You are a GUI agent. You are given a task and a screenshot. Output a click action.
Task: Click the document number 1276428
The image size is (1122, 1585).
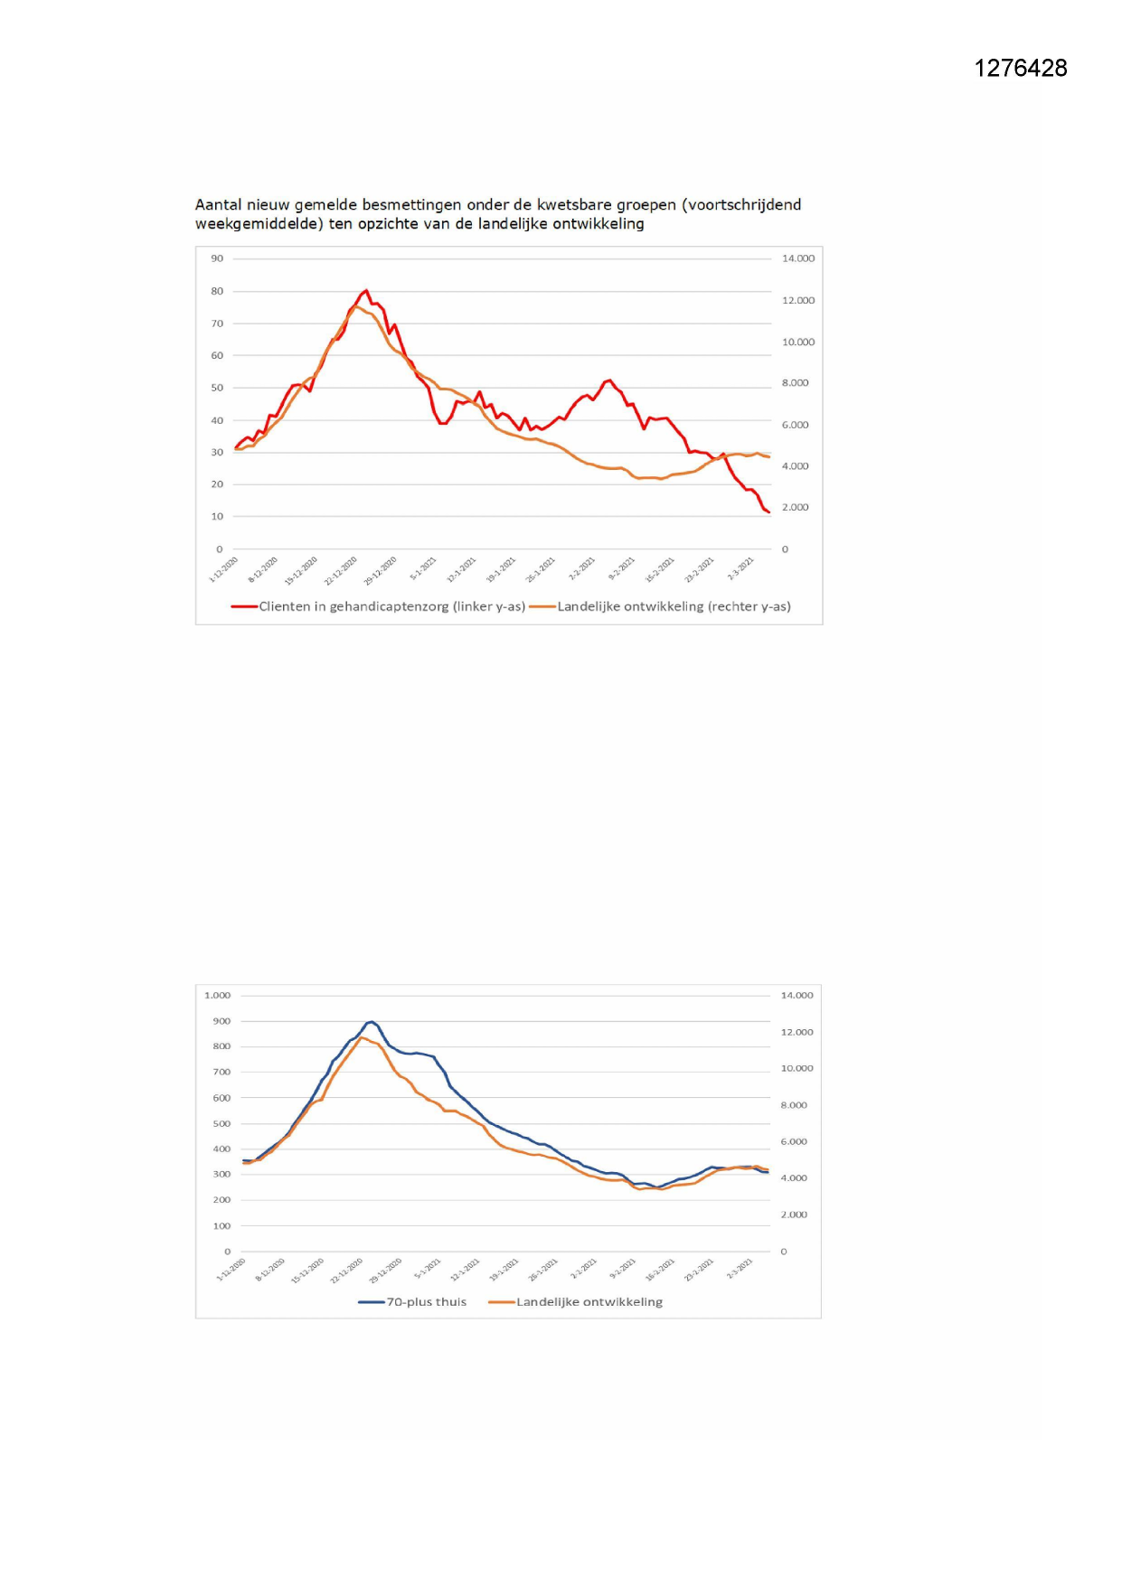(x=1020, y=69)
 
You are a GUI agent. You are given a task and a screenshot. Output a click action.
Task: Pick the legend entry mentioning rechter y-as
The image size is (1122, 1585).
(x=674, y=606)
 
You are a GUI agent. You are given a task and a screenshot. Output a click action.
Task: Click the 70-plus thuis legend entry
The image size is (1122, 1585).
(x=426, y=1302)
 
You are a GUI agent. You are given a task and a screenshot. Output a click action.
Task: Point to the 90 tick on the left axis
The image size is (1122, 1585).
(x=217, y=258)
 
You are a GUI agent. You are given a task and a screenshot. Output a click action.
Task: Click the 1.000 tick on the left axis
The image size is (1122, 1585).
(x=217, y=996)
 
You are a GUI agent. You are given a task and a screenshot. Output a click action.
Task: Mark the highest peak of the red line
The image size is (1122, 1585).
(x=365, y=291)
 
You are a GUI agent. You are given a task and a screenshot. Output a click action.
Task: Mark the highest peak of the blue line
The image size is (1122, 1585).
(x=371, y=1022)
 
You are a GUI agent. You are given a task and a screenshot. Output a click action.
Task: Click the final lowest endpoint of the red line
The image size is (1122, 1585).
(x=768, y=512)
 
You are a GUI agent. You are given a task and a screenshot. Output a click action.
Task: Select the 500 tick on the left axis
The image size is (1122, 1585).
(x=222, y=1124)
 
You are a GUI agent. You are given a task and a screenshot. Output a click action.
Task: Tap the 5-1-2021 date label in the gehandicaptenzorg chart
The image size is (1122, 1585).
(x=423, y=568)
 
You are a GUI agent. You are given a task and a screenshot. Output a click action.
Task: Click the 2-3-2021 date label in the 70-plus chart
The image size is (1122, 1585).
(x=740, y=1269)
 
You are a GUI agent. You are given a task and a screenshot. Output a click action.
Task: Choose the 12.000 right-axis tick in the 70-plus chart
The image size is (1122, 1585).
(x=797, y=1032)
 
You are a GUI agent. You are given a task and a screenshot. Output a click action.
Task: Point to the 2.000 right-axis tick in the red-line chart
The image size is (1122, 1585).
(x=796, y=508)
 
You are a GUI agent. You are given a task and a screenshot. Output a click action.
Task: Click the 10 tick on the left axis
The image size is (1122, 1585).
(x=217, y=517)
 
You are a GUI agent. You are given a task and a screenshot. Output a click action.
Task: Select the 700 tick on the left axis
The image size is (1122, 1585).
(x=222, y=1073)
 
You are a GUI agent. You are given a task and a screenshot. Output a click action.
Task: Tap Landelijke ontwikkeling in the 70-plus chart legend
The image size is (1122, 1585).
(x=589, y=1302)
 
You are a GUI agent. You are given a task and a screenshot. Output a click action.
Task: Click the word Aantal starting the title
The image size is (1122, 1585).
(x=219, y=205)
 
